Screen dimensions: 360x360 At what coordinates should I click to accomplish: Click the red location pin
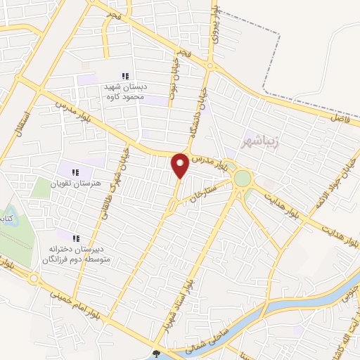[x=180, y=165]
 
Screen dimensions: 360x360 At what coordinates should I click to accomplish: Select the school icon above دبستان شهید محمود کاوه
[x=125, y=76]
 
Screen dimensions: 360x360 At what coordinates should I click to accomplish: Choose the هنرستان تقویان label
[x=77, y=184]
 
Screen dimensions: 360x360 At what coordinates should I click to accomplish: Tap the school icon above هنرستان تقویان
[x=75, y=172]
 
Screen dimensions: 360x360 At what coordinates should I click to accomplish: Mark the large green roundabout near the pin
[x=243, y=179]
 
